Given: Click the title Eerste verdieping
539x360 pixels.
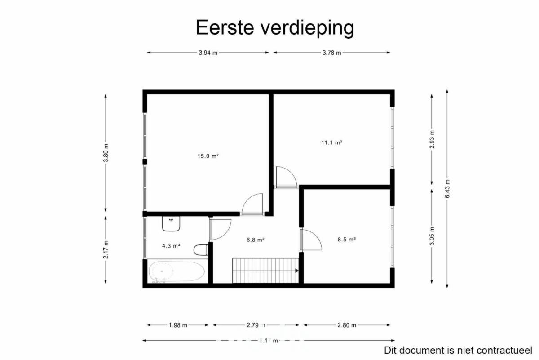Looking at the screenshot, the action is [275, 27].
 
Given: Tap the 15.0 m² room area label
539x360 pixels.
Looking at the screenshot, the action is [208, 156].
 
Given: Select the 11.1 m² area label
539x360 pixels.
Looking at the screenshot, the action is [332, 142].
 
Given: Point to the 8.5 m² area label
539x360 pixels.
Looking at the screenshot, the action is [347, 240].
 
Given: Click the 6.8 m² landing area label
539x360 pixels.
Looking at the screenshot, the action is [256, 240].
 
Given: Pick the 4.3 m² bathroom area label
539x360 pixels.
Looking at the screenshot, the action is [171, 246].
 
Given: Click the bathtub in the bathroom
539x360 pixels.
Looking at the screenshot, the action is [177, 271].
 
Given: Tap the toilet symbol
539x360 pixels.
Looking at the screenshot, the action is [201, 250].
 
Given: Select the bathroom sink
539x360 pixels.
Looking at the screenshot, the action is [171, 224].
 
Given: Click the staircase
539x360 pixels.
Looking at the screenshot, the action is [265, 271].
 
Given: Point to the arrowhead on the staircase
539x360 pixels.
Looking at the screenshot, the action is [297, 271].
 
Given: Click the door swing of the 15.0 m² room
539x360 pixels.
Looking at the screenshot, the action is [248, 199].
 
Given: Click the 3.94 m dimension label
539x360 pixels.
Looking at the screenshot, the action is [208, 53].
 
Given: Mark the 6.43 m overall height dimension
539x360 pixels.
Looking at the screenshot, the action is [447, 189].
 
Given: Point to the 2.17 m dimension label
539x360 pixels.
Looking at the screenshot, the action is [106, 250].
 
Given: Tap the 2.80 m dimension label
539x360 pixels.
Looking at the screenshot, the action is [347, 325].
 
